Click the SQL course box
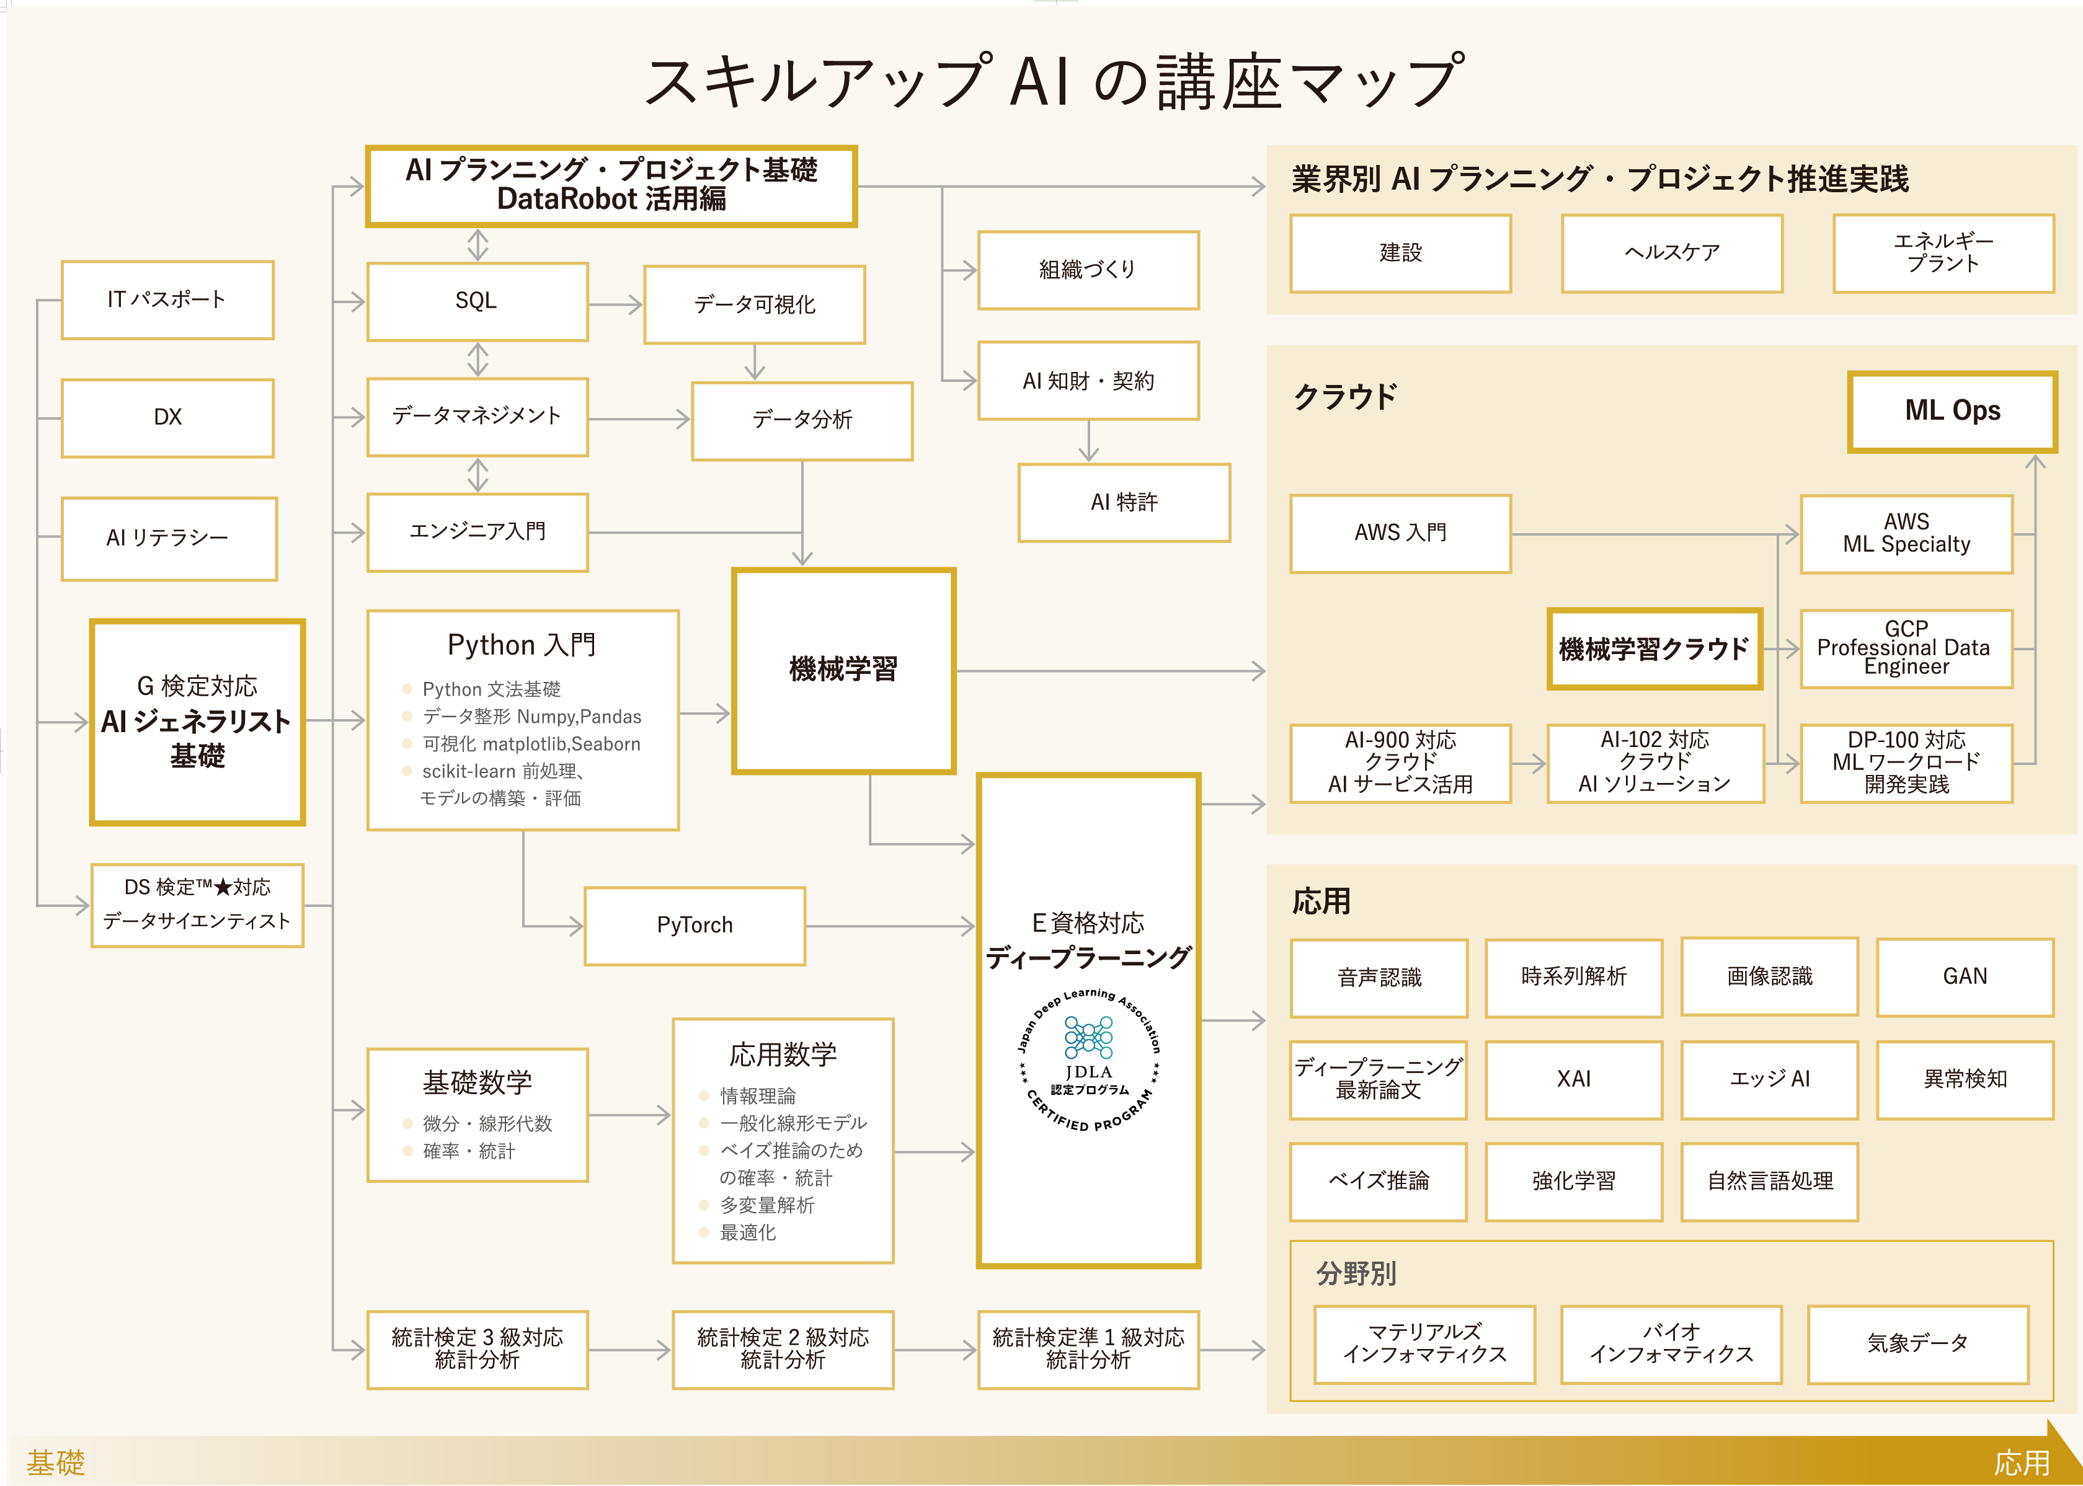click(x=477, y=302)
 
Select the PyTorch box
click(x=695, y=925)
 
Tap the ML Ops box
click(x=1952, y=412)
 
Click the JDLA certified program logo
click(x=1088, y=1061)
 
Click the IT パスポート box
click(x=167, y=300)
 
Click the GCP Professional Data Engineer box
click(x=1906, y=648)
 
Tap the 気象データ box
click(x=1917, y=1344)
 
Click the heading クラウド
click(x=1345, y=397)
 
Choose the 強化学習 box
click(x=1573, y=1181)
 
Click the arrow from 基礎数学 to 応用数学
click(x=629, y=1115)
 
